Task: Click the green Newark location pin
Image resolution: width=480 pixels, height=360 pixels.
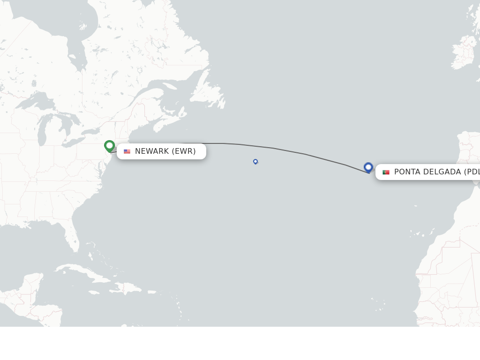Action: point(109,146)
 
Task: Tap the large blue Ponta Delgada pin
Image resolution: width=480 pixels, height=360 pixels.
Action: point(368,167)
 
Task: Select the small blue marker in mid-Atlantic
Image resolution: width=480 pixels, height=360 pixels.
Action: point(255,161)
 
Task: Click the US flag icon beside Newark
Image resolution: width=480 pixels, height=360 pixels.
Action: point(127,151)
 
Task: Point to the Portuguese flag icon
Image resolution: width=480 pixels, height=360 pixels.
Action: point(386,172)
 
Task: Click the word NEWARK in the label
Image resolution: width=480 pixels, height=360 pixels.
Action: point(152,151)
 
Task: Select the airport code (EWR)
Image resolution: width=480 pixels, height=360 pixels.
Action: point(184,151)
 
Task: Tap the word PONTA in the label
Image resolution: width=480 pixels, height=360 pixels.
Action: point(407,172)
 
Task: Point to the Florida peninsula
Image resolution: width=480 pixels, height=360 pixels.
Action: point(72,237)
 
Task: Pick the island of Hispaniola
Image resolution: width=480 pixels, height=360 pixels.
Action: point(127,287)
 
